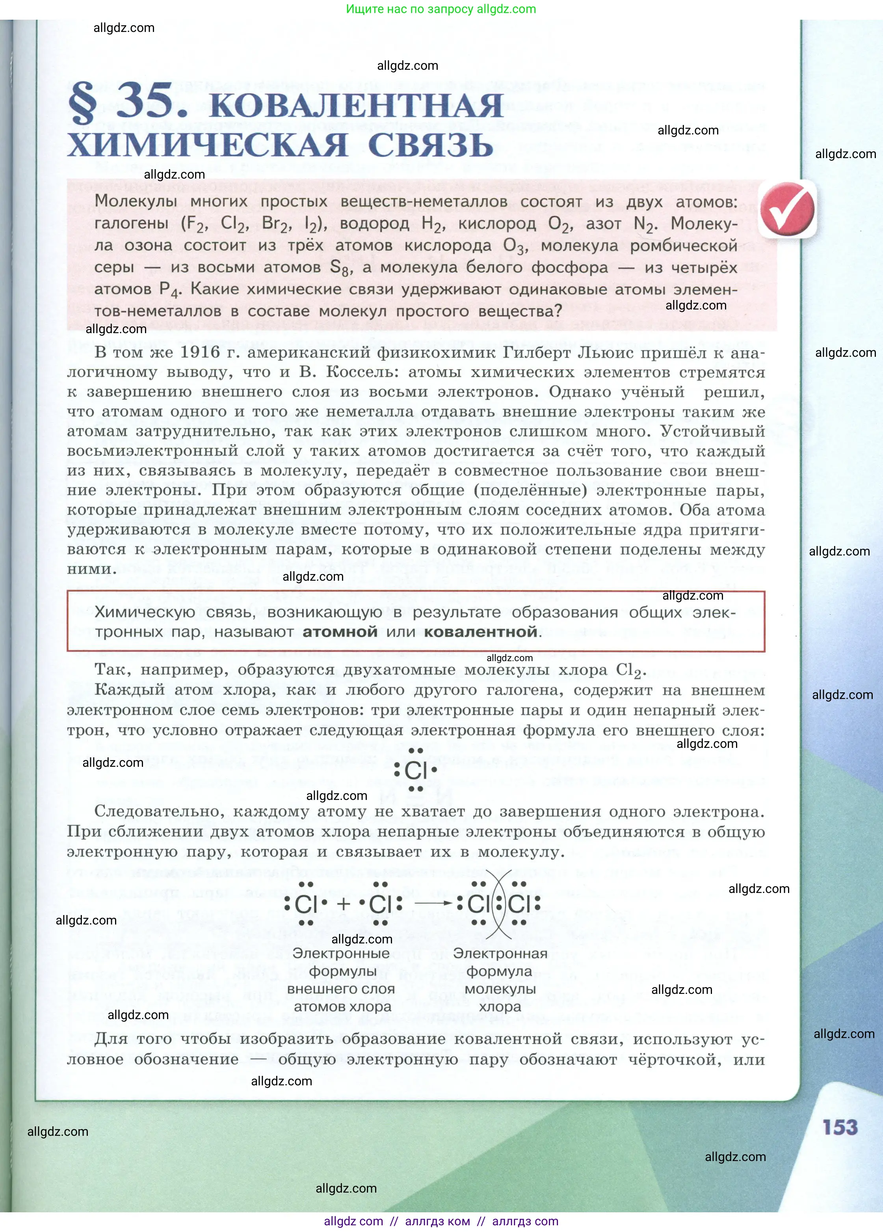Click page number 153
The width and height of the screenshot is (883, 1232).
840,1127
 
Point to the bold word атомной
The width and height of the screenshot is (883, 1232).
340,632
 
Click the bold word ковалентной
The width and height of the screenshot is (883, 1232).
481,632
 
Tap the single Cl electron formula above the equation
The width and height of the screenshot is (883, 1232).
416,770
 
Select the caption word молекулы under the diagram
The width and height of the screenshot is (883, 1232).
500,989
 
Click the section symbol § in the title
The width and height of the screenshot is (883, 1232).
83,102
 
